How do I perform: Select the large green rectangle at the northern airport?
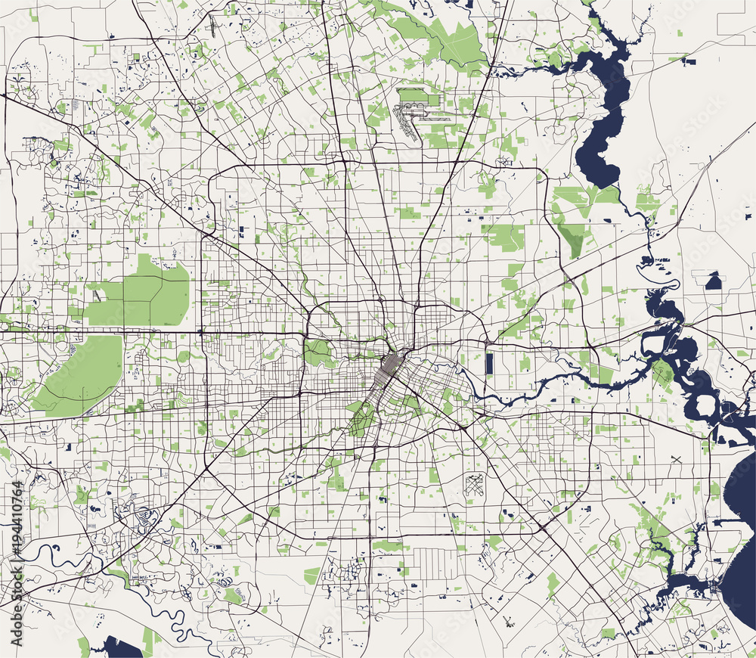412,96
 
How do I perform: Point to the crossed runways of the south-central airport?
474,482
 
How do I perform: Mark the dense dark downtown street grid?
389,371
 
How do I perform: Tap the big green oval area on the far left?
79,374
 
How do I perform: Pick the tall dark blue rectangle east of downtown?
489,363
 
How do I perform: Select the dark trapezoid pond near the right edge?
713,282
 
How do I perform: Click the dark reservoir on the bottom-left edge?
121,647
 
